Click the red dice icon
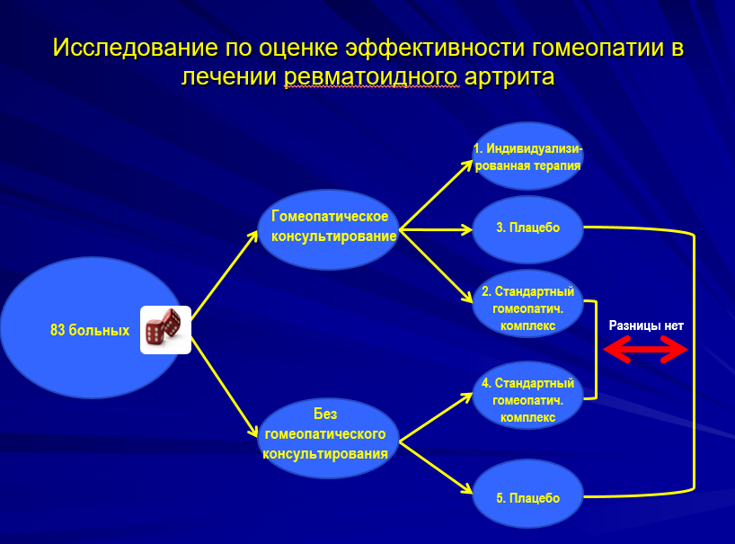pyautogui.click(x=165, y=329)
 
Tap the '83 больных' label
pyautogui.click(x=90, y=331)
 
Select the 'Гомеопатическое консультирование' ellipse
pyautogui.click(x=330, y=227)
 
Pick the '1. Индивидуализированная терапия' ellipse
pyautogui.click(x=527, y=156)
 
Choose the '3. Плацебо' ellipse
pyautogui.click(x=527, y=227)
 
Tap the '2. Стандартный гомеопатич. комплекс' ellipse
pyautogui.click(x=527, y=308)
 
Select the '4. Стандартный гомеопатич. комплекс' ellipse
pyautogui.click(x=527, y=400)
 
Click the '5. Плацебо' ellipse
pyautogui.click(x=527, y=497)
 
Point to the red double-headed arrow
pyautogui.click(x=645, y=349)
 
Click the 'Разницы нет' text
pyautogui.click(x=646, y=326)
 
